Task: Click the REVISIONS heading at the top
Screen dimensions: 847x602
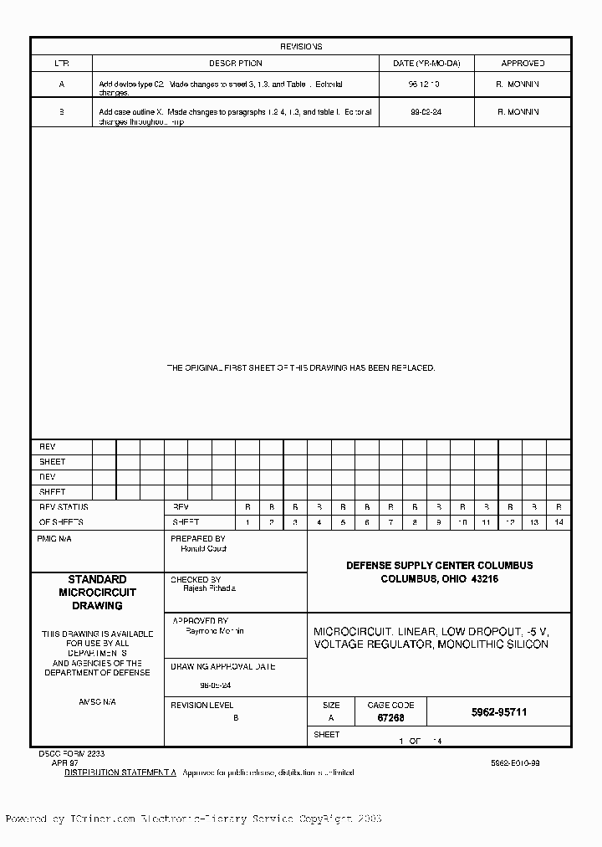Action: click(301, 47)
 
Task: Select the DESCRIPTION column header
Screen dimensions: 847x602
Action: click(235, 63)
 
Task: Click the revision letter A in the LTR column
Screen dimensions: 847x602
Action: click(61, 85)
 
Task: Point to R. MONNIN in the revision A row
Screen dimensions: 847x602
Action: click(518, 85)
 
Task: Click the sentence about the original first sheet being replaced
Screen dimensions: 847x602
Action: click(301, 367)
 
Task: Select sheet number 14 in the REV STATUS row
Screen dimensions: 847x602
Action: click(559, 522)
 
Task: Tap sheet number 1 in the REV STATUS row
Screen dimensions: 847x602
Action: click(247, 522)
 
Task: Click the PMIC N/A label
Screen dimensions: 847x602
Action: click(55, 539)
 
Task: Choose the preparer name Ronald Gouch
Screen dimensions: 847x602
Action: click(204, 549)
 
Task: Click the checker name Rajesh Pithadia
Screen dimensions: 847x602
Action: click(210, 588)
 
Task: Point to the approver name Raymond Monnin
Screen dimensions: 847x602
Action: click(215, 630)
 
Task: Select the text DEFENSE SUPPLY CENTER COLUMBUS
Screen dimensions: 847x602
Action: click(439, 566)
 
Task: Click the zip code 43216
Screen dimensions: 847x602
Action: click(484, 579)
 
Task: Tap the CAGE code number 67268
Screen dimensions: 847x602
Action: click(390, 718)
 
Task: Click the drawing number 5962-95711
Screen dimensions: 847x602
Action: click(499, 712)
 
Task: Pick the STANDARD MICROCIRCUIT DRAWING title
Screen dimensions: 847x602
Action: click(97, 592)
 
